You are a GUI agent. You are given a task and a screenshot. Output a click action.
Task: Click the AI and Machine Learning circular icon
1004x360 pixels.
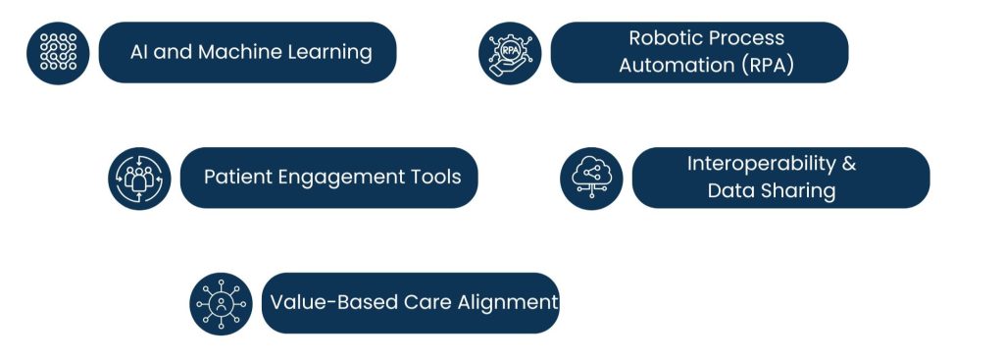click(x=58, y=52)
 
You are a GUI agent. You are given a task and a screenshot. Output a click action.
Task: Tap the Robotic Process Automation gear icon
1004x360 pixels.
click(x=510, y=52)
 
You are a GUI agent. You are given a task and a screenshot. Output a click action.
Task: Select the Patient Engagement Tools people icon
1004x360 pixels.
click(x=139, y=178)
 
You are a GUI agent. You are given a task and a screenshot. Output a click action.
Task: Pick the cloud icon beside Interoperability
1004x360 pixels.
click(x=591, y=178)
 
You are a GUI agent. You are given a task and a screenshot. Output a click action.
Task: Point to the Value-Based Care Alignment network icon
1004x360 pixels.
click(x=221, y=303)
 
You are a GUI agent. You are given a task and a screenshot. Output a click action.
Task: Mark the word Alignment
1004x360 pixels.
click(x=508, y=302)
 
